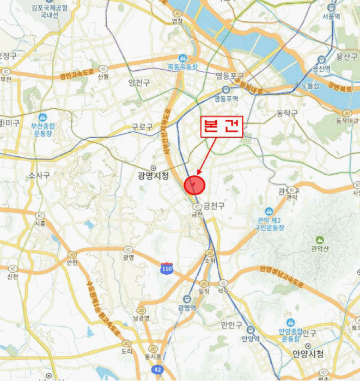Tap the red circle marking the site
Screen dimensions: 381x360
tap(194, 185)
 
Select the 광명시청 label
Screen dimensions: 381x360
tap(154, 175)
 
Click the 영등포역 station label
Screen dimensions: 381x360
tap(226, 99)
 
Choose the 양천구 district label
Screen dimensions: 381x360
tap(138, 82)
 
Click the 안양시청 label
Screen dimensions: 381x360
tap(308, 354)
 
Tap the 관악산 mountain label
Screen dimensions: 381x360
tap(319, 249)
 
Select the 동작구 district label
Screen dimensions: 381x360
tap(286, 113)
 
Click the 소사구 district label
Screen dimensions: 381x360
tap(39, 175)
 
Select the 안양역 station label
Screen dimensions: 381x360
tap(251, 337)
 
